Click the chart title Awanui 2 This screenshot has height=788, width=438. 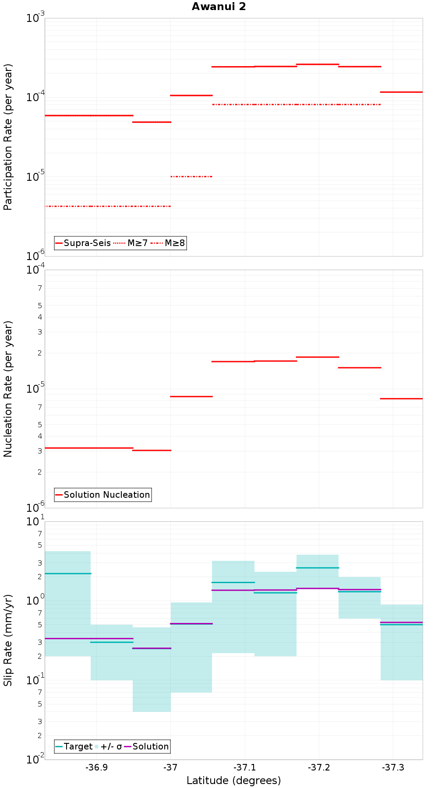219,7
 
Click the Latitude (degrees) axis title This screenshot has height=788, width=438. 233,781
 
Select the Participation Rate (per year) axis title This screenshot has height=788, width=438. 8,137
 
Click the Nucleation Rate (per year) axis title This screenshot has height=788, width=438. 8,389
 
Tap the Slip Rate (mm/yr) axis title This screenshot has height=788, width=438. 8,640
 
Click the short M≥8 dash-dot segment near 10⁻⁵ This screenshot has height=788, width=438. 191,176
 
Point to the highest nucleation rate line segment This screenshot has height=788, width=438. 318,357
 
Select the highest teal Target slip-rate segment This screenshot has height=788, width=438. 318,568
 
